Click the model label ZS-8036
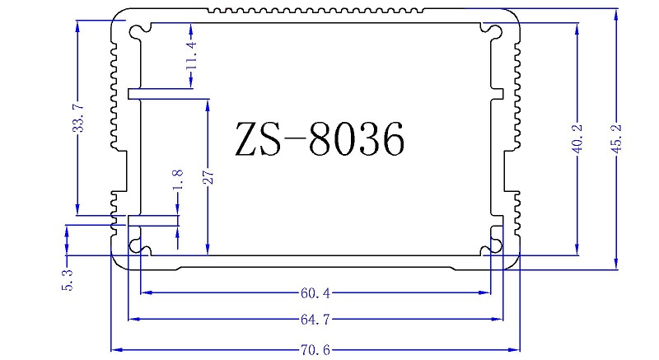click(x=320, y=139)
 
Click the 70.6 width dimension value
click(x=314, y=349)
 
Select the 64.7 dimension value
click(x=314, y=319)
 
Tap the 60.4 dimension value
click(x=314, y=292)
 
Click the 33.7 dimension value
click(x=78, y=119)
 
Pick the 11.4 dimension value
click(x=191, y=55)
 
